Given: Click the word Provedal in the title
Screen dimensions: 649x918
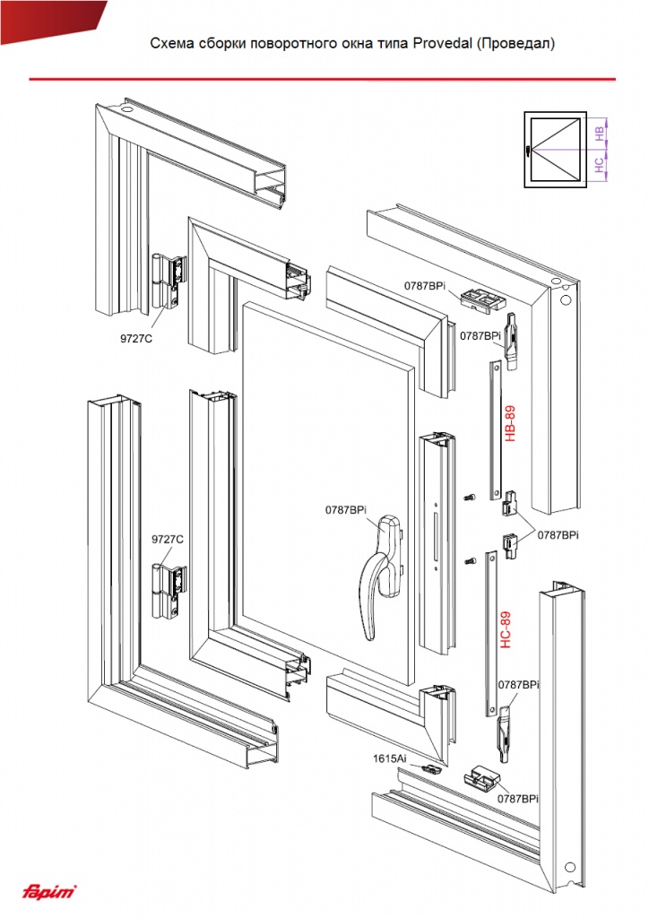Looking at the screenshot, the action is point(443,43).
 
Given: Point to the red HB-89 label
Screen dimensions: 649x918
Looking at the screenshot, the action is point(510,423).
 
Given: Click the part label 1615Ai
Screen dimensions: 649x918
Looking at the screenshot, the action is point(389,758).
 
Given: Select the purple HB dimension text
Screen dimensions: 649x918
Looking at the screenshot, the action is point(600,133).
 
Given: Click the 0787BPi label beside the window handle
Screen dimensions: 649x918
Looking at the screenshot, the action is point(346,510).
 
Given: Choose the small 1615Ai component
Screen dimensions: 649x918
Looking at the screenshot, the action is point(431,768).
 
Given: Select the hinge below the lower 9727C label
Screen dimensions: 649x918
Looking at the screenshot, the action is point(169,592).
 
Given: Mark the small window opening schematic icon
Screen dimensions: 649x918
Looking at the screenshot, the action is point(555,150).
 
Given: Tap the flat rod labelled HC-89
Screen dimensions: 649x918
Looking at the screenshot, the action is point(490,634).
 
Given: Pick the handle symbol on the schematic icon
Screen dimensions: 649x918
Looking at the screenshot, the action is point(528,151).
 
